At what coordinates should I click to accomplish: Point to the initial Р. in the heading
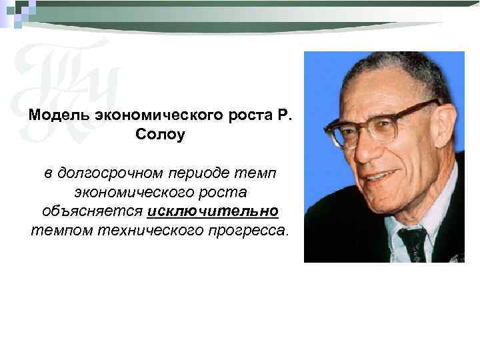pos(283,115)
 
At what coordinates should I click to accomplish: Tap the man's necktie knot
pos(411,237)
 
